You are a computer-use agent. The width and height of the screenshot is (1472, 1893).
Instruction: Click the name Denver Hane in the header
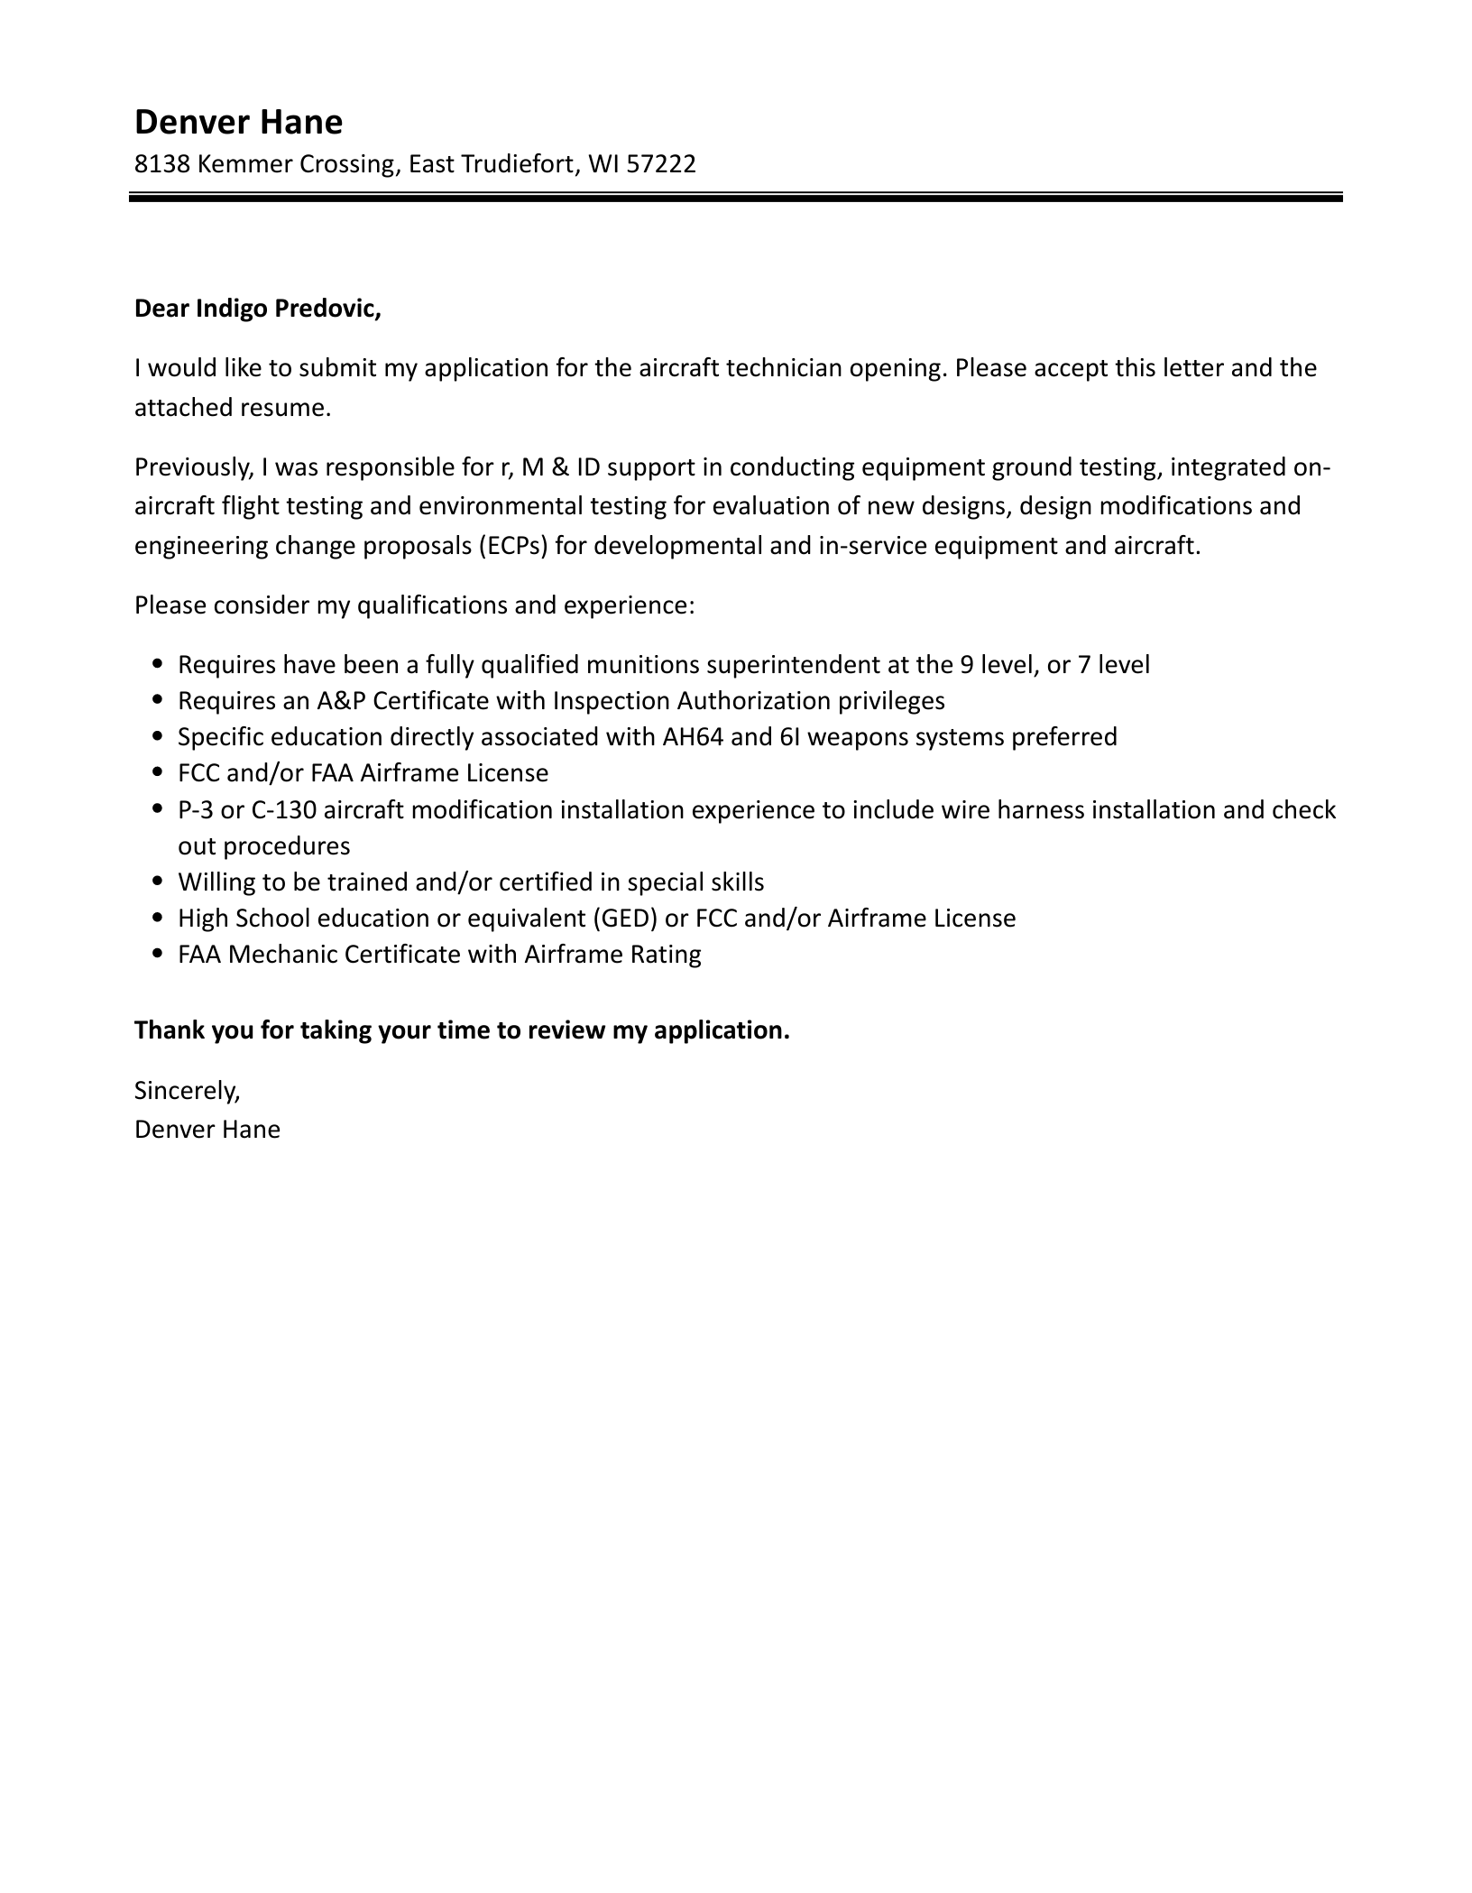238,122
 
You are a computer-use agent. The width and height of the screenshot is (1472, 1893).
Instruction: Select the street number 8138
161,164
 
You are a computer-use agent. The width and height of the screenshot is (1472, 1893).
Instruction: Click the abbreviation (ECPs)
514,546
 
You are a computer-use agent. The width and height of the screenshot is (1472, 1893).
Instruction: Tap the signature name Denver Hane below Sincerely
207,1130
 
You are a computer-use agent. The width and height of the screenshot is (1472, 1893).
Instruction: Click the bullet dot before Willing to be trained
159,882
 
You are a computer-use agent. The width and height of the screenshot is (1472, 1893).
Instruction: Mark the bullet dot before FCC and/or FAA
159,773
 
